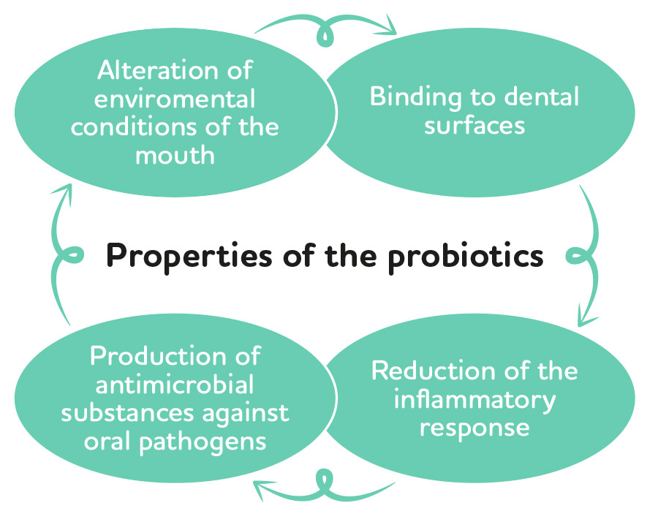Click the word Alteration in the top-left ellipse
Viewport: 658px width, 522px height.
(x=158, y=69)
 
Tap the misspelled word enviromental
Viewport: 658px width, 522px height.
(x=175, y=99)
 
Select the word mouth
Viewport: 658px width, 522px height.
(x=175, y=155)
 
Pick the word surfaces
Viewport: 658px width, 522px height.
(x=474, y=125)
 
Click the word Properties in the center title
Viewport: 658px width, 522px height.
(x=189, y=257)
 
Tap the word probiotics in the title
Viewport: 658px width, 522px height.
(x=466, y=257)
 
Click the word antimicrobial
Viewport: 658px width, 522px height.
(x=175, y=385)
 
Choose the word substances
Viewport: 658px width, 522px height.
(x=129, y=413)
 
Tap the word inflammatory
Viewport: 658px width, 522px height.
(x=474, y=400)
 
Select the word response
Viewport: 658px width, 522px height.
(x=474, y=428)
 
